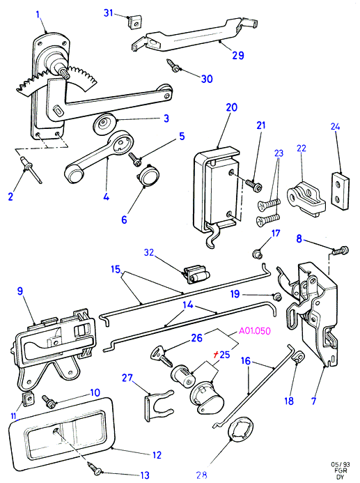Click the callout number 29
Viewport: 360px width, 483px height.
pyautogui.click(x=238, y=56)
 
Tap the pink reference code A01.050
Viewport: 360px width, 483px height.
pyautogui.click(x=255, y=331)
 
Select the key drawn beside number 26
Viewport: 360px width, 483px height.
pyautogui.click(x=162, y=356)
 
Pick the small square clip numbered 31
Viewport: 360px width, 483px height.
pyautogui.click(x=134, y=22)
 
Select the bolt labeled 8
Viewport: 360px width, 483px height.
pyautogui.click(x=341, y=250)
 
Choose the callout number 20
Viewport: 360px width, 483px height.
pyautogui.click(x=232, y=107)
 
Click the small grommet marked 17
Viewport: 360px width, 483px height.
pyautogui.click(x=257, y=254)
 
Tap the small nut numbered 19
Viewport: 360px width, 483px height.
pyautogui.click(x=278, y=297)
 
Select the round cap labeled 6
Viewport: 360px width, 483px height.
pyautogui.click(x=148, y=176)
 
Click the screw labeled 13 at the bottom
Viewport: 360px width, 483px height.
pyautogui.click(x=95, y=468)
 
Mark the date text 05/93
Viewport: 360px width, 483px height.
pyautogui.click(x=341, y=464)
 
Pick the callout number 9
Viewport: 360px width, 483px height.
pyautogui.click(x=20, y=291)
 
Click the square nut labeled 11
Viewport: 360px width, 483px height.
pyautogui.click(x=29, y=399)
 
